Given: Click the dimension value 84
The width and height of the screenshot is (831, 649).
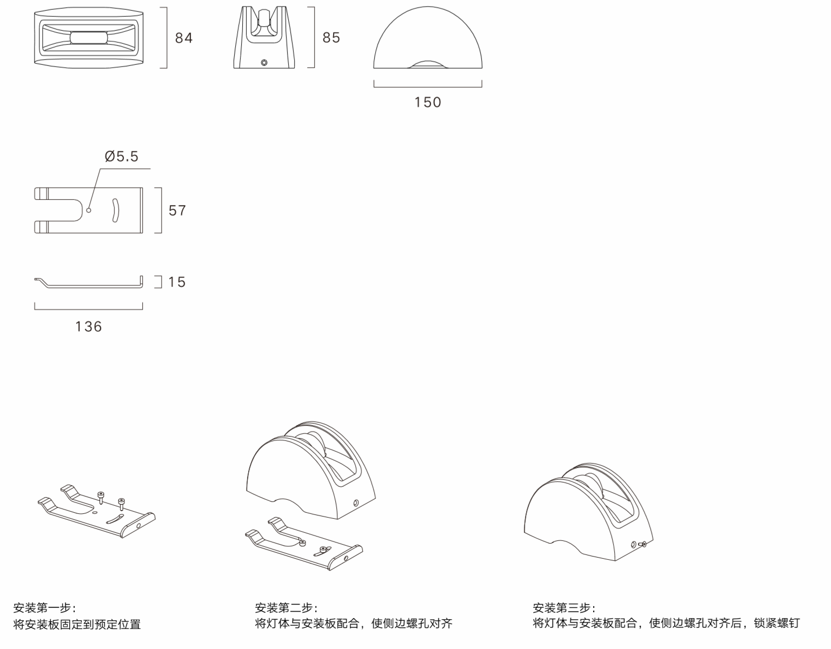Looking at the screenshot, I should point(184,38).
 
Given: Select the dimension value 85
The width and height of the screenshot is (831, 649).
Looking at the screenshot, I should point(331,37).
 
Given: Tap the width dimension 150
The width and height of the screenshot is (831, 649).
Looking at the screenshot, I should point(428,102).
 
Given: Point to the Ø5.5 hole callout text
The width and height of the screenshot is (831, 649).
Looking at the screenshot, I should point(122,156).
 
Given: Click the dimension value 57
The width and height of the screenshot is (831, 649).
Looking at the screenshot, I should point(177,210).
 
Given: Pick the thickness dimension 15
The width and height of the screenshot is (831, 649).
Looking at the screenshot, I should point(177,282).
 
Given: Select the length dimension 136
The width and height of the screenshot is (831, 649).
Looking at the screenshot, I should point(89,326).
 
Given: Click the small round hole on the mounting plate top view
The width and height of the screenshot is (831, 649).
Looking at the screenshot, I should point(89,210).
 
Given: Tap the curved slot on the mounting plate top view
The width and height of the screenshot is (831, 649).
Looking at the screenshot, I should point(115,210).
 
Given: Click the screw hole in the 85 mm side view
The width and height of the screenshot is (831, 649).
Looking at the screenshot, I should point(264,63).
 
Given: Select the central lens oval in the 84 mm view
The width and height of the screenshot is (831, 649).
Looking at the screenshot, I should point(89,37).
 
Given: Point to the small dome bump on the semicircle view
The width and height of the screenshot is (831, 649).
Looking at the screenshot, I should point(427,64).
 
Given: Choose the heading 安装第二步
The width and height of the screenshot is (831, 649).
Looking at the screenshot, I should point(286,607).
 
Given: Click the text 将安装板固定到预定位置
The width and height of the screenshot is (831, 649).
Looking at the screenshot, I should point(77,624).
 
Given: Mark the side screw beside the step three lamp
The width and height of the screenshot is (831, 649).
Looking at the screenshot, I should point(642,544).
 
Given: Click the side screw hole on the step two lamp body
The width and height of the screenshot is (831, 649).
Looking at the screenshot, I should point(355,504).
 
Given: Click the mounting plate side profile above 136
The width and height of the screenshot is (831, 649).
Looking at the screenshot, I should point(89,283).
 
